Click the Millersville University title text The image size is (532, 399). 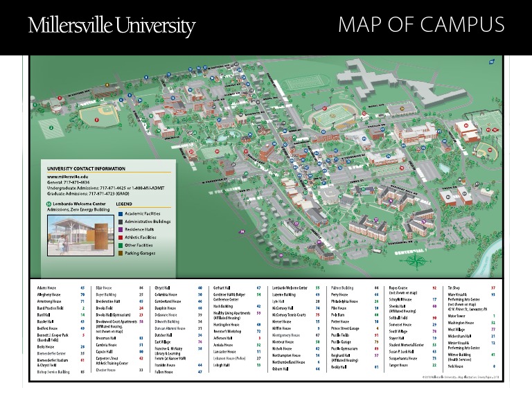click(x=112, y=26)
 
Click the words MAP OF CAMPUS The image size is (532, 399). click(x=421, y=26)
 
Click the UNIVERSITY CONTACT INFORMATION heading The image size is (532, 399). click(x=87, y=168)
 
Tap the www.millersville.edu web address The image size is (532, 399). click(x=69, y=177)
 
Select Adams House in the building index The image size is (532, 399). click(x=48, y=287)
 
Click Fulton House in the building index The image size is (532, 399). click(x=164, y=371)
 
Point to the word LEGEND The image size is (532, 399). click(x=124, y=204)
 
